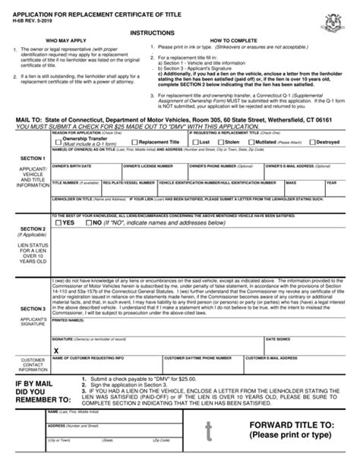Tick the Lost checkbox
coord(194,141)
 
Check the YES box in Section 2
coord(57,224)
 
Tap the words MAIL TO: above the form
coord(24,120)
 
